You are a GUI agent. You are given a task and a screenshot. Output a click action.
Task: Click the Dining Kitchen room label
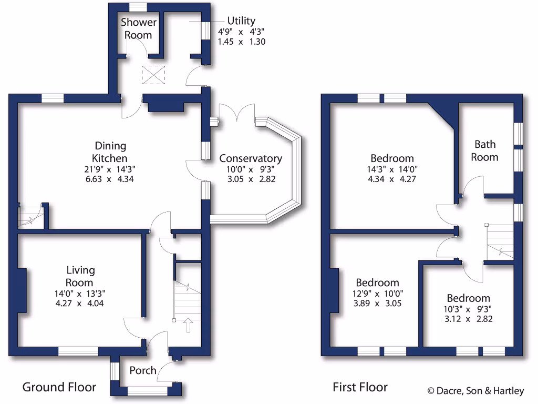[110, 151]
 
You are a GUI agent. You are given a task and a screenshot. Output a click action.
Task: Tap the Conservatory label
[250, 158]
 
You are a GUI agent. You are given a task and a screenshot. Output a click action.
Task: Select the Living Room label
[80, 276]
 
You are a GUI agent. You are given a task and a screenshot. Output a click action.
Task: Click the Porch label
[143, 370]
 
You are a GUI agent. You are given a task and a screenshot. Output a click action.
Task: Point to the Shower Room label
[139, 28]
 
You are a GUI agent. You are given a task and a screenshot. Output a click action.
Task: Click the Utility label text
[241, 21]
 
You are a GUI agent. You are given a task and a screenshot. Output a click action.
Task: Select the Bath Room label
[484, 150]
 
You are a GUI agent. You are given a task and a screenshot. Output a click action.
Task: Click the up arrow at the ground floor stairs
[187, 325]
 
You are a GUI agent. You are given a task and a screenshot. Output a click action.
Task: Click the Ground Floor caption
[59, 388]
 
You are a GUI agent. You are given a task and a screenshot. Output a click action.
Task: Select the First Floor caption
[360, 388]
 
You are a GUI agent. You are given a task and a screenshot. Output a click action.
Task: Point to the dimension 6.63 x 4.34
[110, 179]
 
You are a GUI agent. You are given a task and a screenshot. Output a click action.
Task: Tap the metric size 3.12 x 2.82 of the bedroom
[468, 319]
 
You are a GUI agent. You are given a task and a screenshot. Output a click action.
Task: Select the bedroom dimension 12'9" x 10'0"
[377, 294]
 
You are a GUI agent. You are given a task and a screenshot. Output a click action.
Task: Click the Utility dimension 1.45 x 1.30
[242, 41]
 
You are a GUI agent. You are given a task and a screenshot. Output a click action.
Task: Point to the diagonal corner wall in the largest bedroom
[442, 115]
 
